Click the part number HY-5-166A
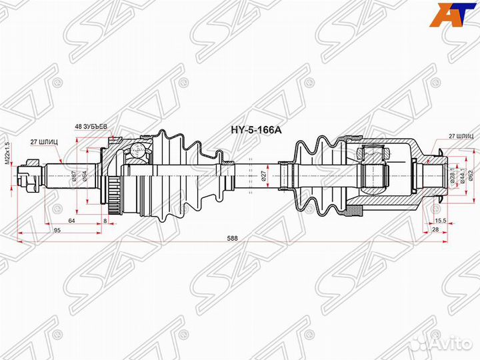point(256,129)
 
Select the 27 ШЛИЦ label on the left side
point(43,141)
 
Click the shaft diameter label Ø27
point(263,176)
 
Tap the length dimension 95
point(57,229)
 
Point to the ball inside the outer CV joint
point(138,151)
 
